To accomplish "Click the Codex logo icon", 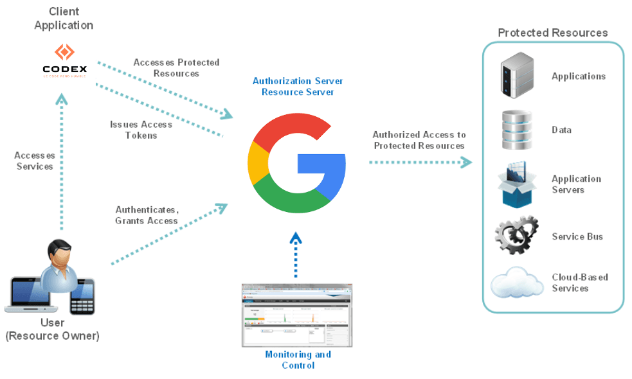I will [64, 52].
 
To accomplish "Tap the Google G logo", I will [296, 165].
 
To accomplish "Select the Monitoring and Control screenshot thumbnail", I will [296, 315].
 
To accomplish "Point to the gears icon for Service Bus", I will [516, 235].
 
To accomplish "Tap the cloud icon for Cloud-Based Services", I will [517, 283].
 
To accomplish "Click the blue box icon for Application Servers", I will [516, 184].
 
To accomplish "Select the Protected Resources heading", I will [552, 33].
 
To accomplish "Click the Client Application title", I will [64, 19].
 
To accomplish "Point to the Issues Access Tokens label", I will [141, 130].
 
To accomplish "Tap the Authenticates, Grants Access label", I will [147, 215].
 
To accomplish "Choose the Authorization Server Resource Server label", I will [298, 87].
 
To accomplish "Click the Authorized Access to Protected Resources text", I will [419, 140].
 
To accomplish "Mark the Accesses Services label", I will [35, 161].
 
